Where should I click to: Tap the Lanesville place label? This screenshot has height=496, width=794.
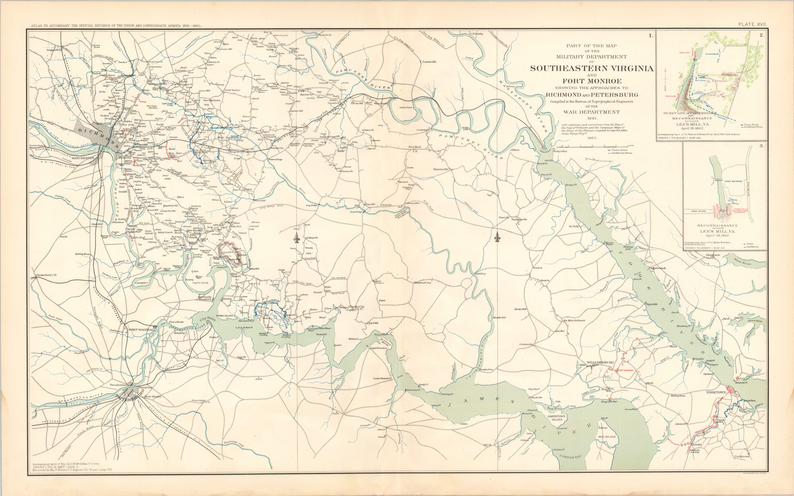(x=429, y=62)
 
